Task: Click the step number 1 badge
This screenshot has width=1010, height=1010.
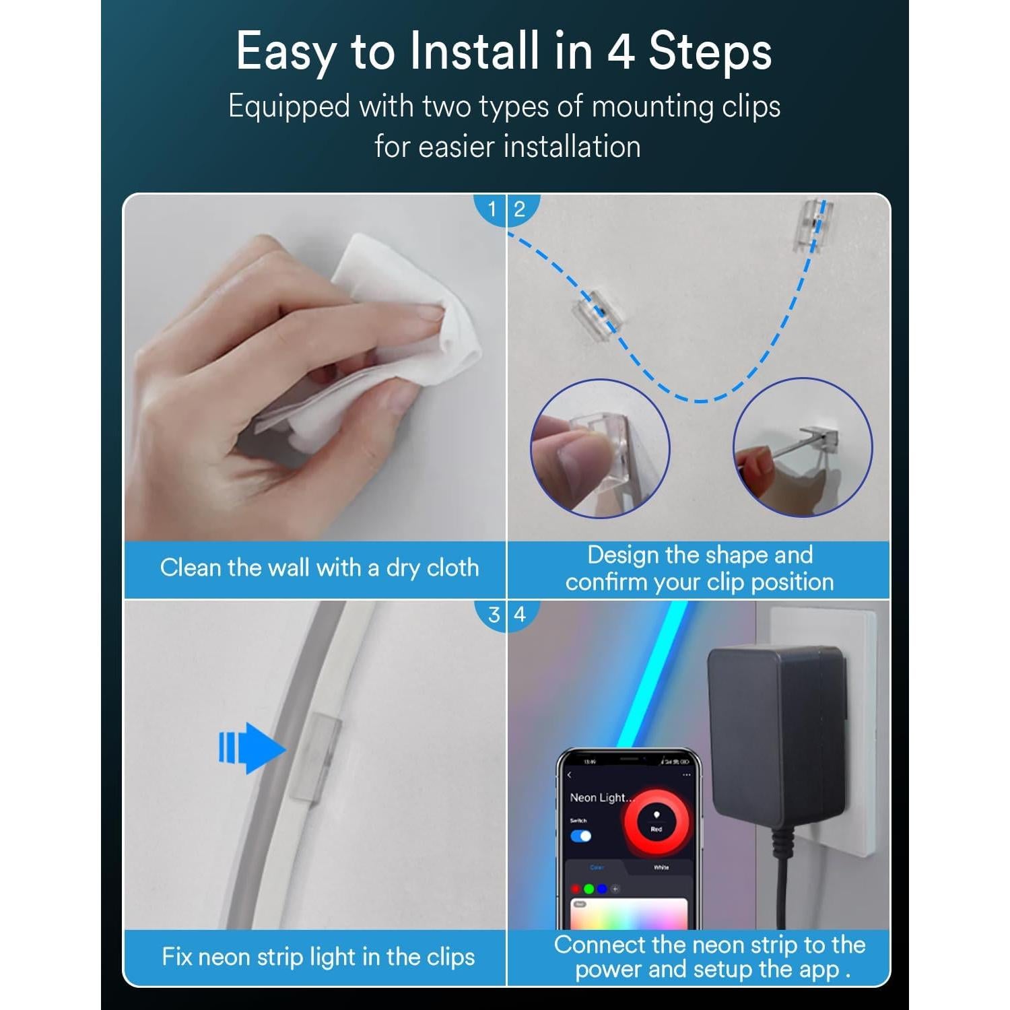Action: (x=492, y=209)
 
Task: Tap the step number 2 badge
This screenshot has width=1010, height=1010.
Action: (x=520, y=209)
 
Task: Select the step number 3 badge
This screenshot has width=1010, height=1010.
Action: (x=494, y=615)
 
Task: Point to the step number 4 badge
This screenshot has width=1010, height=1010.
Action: (x=520, y=615)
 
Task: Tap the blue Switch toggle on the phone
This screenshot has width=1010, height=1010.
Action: (x=580, y=836)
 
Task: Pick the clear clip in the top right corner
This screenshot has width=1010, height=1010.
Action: (x=813, y=225)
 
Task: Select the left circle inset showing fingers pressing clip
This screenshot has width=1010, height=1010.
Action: (x=600, y=448)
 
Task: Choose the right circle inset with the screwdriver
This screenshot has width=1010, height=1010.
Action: (x=803, y=448)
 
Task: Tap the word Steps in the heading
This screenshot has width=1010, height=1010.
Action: (x=710, y=53)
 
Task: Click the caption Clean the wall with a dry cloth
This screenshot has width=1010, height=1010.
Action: (x=319, y=568)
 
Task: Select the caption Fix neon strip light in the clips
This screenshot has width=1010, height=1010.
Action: (x=318, y=957)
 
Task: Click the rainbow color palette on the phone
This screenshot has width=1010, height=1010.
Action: (x=628, y=914)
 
